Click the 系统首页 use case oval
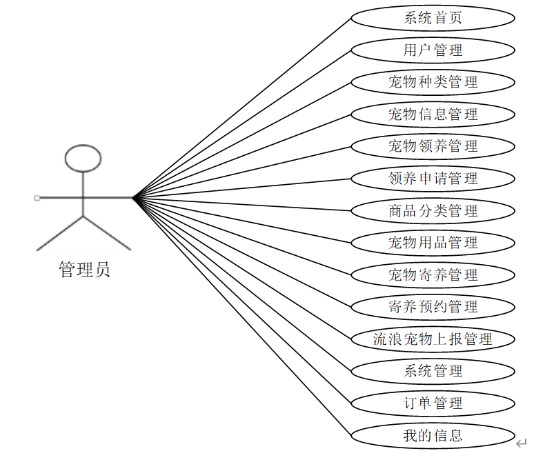pyautogui.click(x=433, y=18)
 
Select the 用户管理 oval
pyautogui.click(x=433, y=50)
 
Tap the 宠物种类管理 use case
pyautogui.click(x=433, y=82)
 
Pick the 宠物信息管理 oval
pyautogui.click(x=433, y=114)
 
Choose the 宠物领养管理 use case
pyautogui.click(x=433, y=146)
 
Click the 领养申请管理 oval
pyautogui.click(x=433, y=179)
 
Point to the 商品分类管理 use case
pyautogui.click(x=433, y=210)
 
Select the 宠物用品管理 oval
pyautogui.click(x=433, y=243)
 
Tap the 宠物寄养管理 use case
pyautogui.click(x=433, y=274)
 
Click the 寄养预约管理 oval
pyautogui.click(x=433, y=307)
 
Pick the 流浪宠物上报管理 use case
pyautogui.click(x=433, y=339)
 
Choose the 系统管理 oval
pyautogui.click(x=433, y=371)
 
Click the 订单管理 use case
pyautogui.click(x=433, y=403)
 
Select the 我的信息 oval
pyautogui.click(x=433, y=435)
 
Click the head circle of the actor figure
pyautogui.click(x=83, y=158)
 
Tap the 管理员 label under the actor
pyautogui.click(x=84, y=270)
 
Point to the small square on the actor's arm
pyautogui.click(x=37, y=198)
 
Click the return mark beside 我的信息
pyautogui.click(x=522, y=442)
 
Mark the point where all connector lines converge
pyautogui.click(x=132, y=198)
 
